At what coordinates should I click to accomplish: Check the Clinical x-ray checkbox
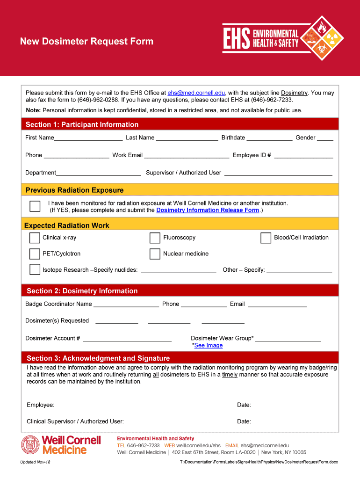coord(35,238)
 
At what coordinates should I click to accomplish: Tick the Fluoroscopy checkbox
coord(155,238)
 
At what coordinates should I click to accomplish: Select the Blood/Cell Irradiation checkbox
coord(266,238)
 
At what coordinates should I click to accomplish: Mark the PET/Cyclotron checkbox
coord(35,254)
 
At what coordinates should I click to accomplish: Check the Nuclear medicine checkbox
coord(155,254)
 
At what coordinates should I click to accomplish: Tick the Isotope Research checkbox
coord(35,269)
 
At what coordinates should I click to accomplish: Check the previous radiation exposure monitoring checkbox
coord(35,206)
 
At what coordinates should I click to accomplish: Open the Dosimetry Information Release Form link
coord(208,210)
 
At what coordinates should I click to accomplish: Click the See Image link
coord(208,346)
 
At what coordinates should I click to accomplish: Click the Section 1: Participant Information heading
coord(82,124)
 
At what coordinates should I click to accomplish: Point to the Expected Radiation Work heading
coord(66,225)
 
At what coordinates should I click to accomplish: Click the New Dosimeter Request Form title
coord(86,41)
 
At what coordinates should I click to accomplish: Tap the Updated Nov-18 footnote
coord(36,462)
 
